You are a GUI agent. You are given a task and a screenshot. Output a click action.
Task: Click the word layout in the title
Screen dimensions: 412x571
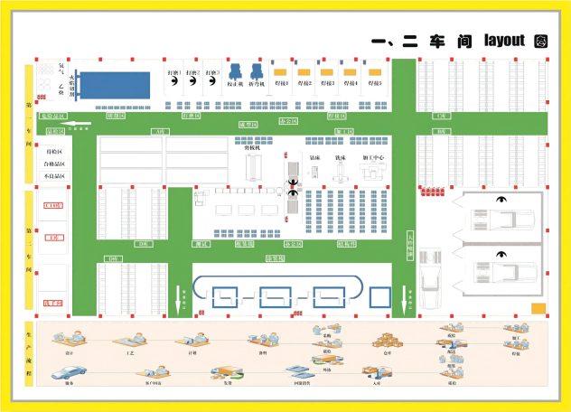(x=504, y=40)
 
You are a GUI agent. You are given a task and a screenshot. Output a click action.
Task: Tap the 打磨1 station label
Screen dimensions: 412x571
(x=174, y=71)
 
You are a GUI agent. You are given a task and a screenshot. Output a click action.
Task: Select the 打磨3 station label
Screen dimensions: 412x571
(x=212, y=71)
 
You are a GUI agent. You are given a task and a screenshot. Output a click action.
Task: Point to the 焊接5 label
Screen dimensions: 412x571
(x=373, y=83)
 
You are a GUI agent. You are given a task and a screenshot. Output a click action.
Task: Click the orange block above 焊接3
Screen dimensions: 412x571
(x=327, y=70)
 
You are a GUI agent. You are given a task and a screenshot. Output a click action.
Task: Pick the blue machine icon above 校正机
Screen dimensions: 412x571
(x=235, y=70)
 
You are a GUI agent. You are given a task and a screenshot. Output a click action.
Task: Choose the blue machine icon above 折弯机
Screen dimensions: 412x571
(x=257, y=70)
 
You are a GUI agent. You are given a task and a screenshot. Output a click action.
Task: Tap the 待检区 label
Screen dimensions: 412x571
(x=54, y=152)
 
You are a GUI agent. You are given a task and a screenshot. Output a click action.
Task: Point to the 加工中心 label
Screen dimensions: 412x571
(x=373, y=157)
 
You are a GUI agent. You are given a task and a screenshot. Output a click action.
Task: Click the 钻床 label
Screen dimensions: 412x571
(x=315, y=157)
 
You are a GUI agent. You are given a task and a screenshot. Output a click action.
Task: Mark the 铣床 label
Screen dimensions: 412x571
(x=341, y=157)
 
